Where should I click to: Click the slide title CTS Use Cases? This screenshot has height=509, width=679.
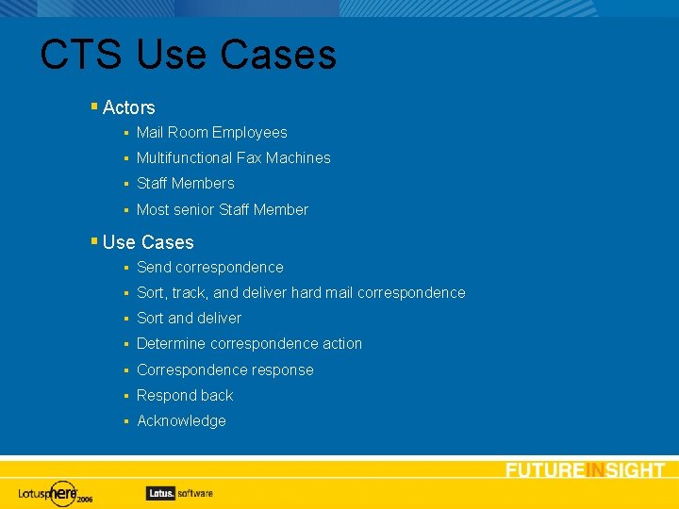(188, 55)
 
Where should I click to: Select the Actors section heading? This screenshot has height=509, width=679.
(128, 107)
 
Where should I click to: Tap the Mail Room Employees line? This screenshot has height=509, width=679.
(211, 133)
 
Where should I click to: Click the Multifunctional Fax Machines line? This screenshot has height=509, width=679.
(233, 158)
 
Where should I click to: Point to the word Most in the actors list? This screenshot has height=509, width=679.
(153, 210)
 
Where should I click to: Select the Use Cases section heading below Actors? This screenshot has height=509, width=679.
(147, 242)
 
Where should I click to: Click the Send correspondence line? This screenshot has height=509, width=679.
(209, 268)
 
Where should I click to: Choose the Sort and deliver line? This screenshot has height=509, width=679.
(189, 319)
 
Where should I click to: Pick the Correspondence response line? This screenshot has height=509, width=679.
(224, 370)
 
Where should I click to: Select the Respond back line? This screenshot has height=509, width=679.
(184, 396)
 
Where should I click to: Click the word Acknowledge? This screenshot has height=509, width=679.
(181, 421)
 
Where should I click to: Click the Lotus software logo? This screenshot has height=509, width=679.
(179, 492)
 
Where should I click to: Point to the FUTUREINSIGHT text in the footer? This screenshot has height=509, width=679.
(585, 470)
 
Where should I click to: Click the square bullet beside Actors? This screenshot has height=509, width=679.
(94, 107)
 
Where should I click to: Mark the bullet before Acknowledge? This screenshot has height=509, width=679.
(125, 421)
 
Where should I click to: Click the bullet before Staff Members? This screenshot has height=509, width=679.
(125, 184)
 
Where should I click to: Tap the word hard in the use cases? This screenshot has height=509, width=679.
(306, 293)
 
